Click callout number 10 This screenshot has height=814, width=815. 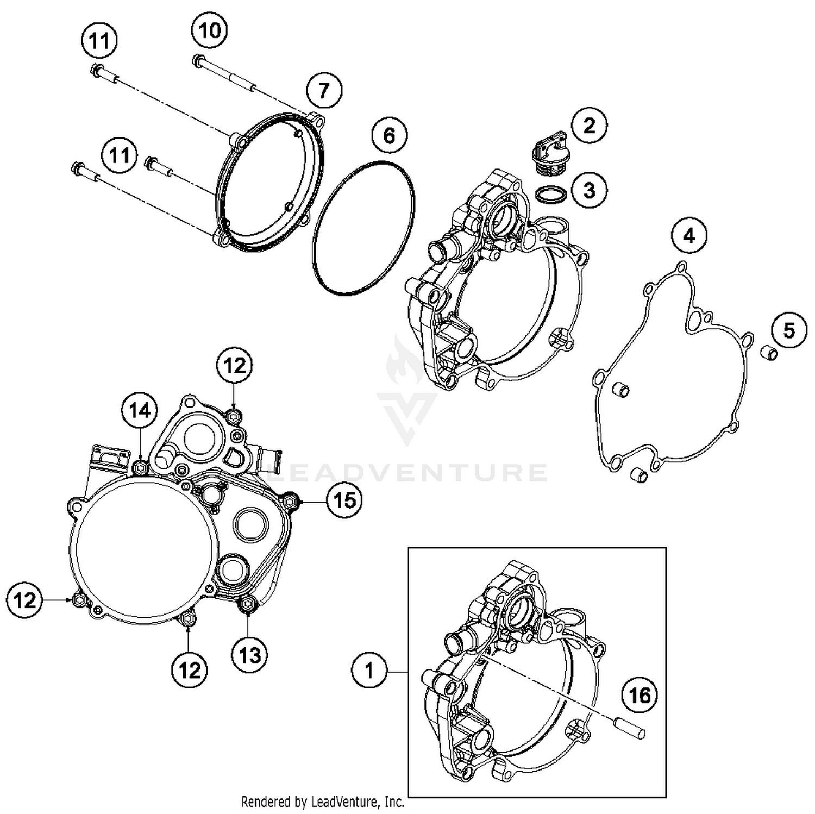coord(210,30)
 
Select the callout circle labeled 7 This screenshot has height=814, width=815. coord(324,90)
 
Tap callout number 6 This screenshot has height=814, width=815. coord(389,135)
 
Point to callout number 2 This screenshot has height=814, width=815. coord(589,126)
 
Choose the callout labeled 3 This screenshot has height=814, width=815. coord(589,190)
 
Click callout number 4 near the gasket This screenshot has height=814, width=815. coord(689,236)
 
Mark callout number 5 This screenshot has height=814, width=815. coord(789,330)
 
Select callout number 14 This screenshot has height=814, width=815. coord(140,411)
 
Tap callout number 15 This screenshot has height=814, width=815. coord(344,500)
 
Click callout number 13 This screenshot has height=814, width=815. coord(249,655)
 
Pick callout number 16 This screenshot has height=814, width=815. coord(640,695)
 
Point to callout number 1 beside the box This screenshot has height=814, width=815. coord(369,671)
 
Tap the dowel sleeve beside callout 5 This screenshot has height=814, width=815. coord(769,352)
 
